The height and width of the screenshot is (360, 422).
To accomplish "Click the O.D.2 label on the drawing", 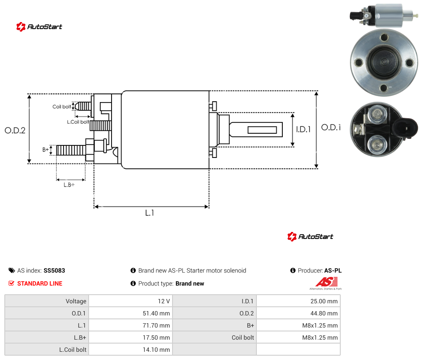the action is point(15,130).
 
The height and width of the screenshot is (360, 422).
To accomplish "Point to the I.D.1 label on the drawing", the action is point(304,129).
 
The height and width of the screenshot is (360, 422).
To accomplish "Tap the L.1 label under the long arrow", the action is point(150,213).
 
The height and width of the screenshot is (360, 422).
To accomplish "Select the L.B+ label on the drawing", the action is point(69,185).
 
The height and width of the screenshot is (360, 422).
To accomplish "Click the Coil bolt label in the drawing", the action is point(62,106).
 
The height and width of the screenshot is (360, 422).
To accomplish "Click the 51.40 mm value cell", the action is point(156,313).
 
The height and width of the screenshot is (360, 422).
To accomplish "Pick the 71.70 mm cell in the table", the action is point(156,325).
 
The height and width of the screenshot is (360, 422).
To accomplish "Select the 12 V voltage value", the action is point(164,301).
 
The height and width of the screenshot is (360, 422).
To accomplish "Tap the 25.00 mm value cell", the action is point(324,301).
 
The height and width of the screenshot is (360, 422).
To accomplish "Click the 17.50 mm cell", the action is point(156,337).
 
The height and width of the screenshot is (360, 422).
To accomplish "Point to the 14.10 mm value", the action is point(156,350).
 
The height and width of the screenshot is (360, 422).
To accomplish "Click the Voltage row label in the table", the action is point(76,301).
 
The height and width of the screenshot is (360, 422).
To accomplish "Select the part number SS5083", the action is point(54,270).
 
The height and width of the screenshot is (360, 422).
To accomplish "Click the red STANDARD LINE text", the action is point(40,283).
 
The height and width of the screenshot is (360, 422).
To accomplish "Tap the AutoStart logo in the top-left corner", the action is point(39,27).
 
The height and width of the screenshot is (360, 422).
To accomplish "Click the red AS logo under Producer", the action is point(326,282).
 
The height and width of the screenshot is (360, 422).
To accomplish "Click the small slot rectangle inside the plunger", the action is point(262,130).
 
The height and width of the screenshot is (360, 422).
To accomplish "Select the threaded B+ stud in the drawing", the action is point(71,150).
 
